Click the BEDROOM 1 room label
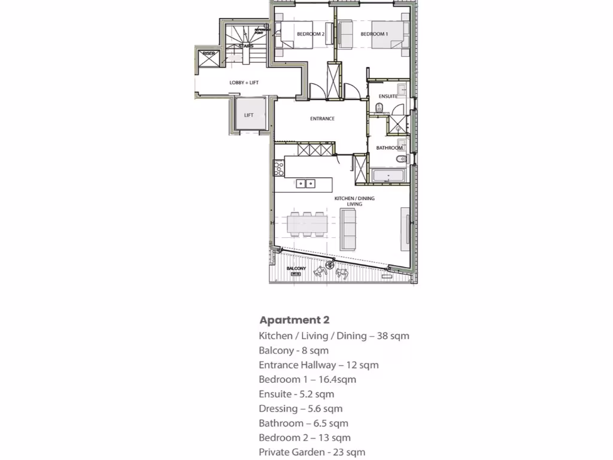(374, 34)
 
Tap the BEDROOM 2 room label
(310, 34)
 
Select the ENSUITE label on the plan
(388, 96)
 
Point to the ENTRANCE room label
(322, 119)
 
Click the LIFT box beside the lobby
(248, 115)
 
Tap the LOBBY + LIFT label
(244, 83)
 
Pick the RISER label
(208, 54)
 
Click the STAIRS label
(245, 46)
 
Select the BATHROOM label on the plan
(389, 147)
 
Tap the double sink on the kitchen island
(306, 183)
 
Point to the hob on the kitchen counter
(278, 168)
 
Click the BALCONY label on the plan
(296, 268)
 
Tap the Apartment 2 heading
(294, 320)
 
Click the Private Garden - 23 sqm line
(311, 452)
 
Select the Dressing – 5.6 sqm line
(301, 408)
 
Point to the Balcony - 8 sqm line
(293, 350)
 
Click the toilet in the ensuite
(380, 108)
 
